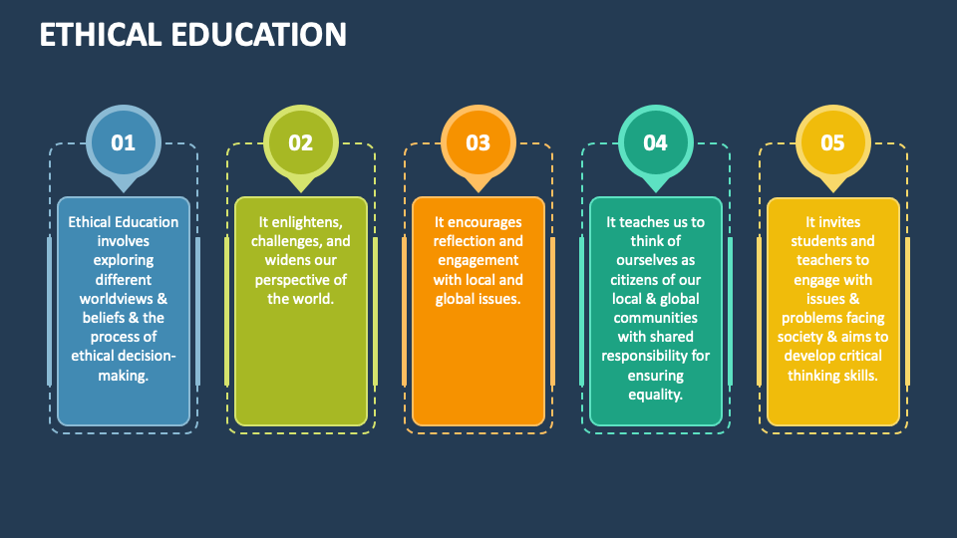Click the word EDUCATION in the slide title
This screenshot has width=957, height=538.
262,35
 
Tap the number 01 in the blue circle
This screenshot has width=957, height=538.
123,142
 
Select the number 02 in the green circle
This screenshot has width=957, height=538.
300,142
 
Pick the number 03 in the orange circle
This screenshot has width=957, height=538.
478,142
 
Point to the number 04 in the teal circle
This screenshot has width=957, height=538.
655,142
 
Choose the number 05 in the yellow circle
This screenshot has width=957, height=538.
832,142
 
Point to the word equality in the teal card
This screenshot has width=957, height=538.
655,395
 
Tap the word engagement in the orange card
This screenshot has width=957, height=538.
478,261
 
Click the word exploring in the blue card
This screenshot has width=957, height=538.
123,261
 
